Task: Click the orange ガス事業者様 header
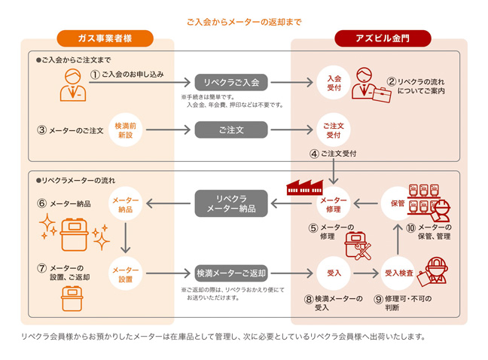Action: [105, 38]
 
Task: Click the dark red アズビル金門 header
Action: [383, 38]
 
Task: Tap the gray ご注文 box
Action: [231, 130]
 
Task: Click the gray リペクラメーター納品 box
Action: [231, 202]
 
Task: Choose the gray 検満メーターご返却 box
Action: [231, 273]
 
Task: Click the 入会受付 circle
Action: [334, 82]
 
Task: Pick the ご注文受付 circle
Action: [334, 130]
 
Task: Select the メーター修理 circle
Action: [334, 203]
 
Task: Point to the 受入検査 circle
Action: [398, 273]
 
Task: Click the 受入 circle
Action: [334, 273]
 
